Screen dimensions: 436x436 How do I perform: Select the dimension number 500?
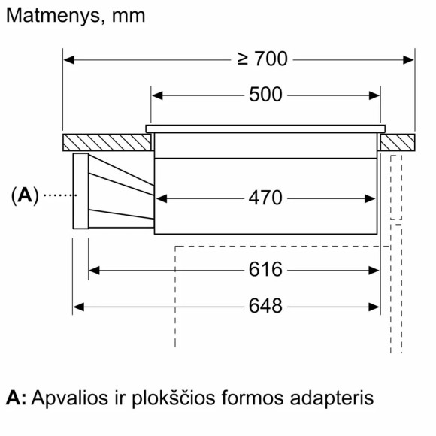[265, 95]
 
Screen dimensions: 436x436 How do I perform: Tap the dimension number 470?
[265, 198]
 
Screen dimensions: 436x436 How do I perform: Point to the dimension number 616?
[265, 270]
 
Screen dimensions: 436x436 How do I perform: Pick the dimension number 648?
[265, 307]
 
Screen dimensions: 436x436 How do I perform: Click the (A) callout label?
[24, 195]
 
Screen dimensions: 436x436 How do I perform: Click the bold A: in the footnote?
[15, 398]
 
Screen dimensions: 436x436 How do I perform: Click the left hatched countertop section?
[105, 142]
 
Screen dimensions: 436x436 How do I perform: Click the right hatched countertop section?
[397, 142]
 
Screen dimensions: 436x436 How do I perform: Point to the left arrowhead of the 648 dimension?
[78, 307]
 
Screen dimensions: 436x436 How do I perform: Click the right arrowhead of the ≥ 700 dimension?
[410, 59]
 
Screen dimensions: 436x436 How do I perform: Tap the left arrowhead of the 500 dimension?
[156, 95]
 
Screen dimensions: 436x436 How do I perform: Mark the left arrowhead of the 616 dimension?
[94, 270]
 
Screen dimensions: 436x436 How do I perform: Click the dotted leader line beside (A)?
[59, 195]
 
